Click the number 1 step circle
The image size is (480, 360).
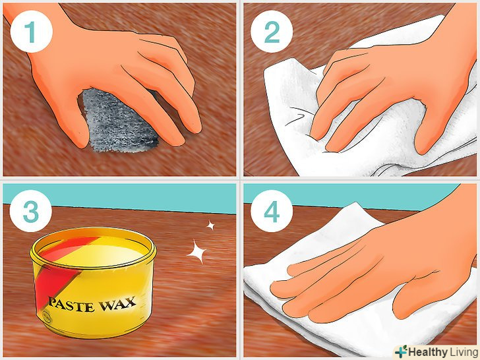pyautogui.click(x=32, y=32)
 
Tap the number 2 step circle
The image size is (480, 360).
pyautogui.click(x=272, y=32)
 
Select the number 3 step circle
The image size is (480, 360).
pyautogui.click(x=30, y=211)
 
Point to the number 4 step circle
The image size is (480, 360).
pyautogui.click(x=272, y=211)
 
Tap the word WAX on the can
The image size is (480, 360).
pyautogui.click(x=117, y=304)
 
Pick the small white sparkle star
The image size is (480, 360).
pyautogui.click(x=210, y=225)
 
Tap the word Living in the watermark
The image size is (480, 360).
pyautogui.click(x=463, y=351)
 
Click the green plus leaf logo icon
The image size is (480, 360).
pyautogui.click(x=401, y=351)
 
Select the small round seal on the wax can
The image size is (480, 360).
pyautogui.click(x=47, y=317)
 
